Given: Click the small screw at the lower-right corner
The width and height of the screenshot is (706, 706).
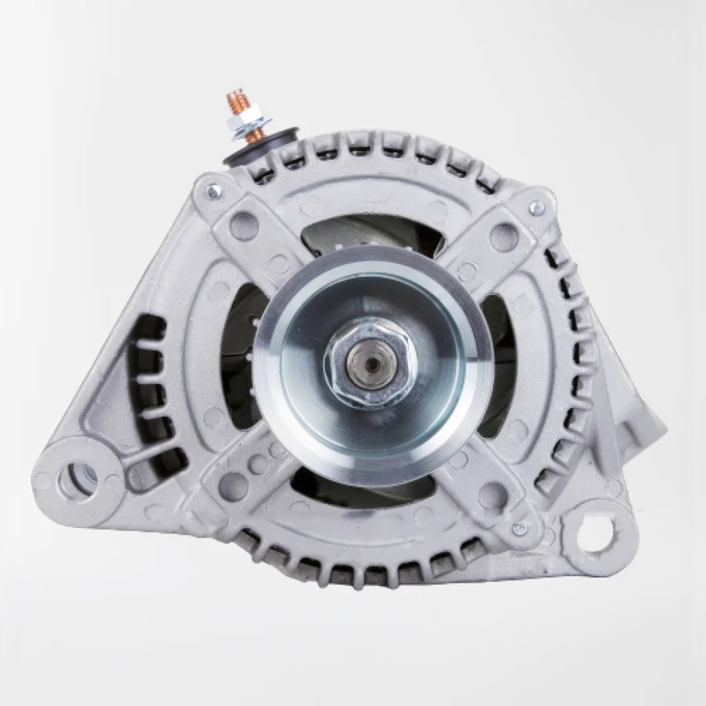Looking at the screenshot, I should pyautogui.click(x=520, y=529).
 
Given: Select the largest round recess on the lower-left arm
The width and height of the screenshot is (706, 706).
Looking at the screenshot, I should pyautogui.click(x=236, y=486).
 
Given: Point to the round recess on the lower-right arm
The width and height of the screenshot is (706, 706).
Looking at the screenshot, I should pyautogui.click(x=492, y=494).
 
